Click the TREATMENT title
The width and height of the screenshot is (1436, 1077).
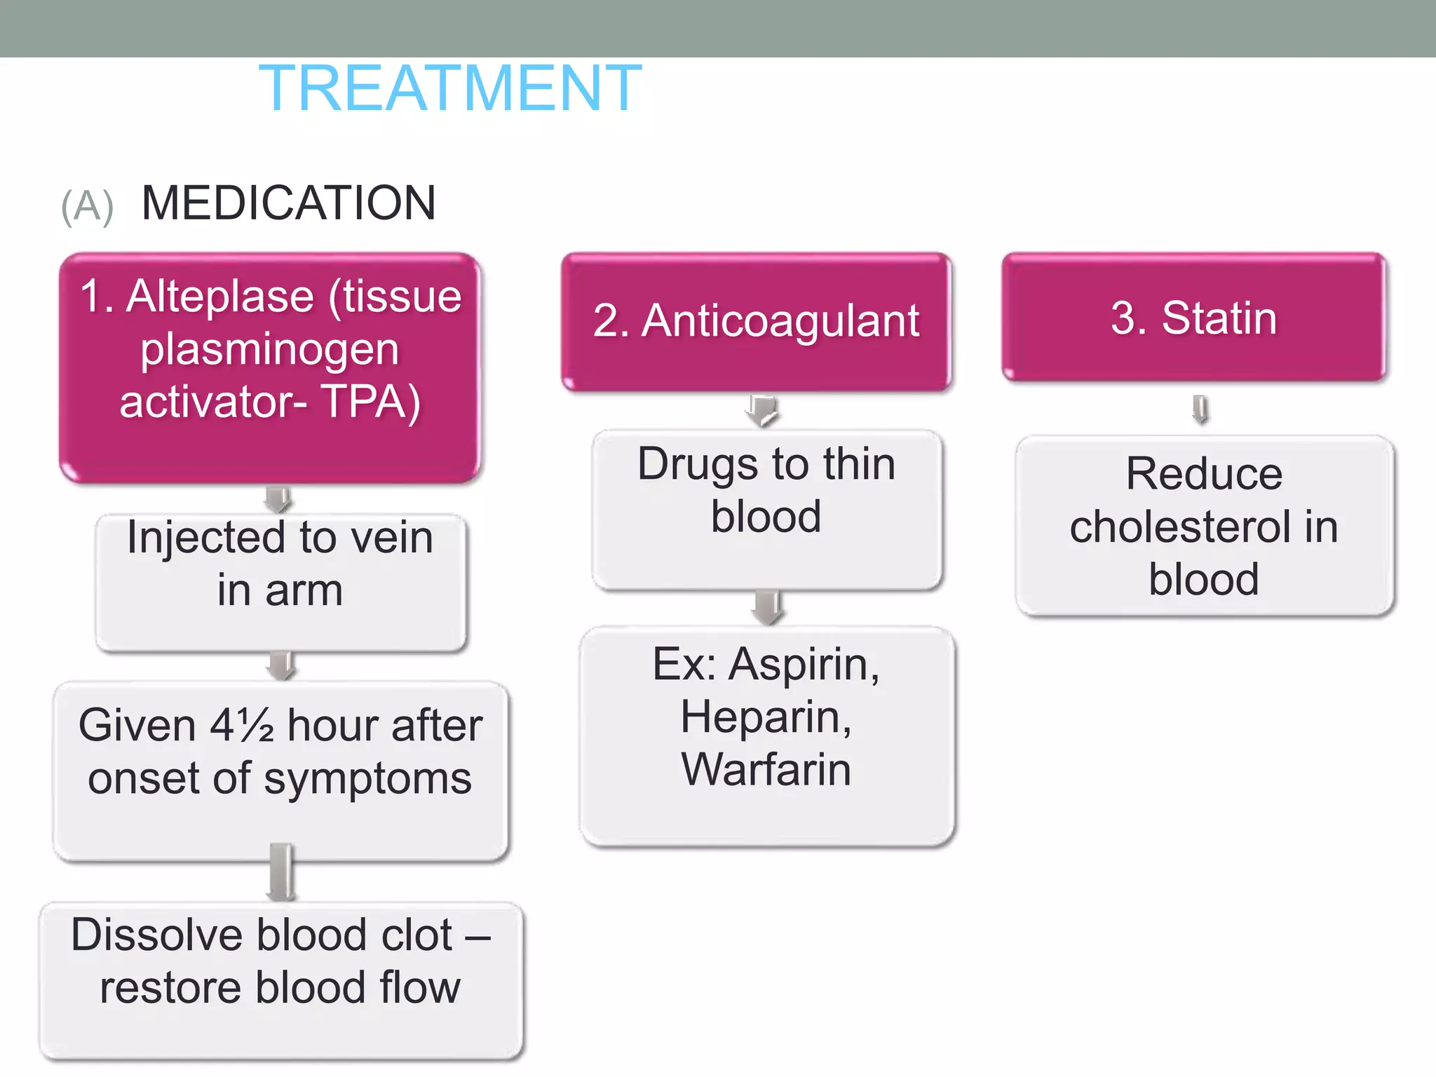(x=449, y=88)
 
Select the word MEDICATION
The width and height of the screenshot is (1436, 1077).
(x=288, y=203)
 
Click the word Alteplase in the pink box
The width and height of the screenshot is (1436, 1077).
(x=219, y=296)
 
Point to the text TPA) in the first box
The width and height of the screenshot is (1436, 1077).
(x=371, y=402)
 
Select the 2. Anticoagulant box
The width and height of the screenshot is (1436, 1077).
(x=755, y=321)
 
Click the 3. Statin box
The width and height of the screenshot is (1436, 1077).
(x=1193, y=318)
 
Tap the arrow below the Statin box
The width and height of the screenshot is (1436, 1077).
(x=1200, y=409)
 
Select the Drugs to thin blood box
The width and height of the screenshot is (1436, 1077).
(x=766, y=510)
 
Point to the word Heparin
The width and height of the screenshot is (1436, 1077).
(x=765, y=717)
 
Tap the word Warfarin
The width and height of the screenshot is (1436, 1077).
(x=766, y=769)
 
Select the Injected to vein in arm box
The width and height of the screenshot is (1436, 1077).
(x=280, y=582)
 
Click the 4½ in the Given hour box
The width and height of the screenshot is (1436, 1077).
(x=242, y=725)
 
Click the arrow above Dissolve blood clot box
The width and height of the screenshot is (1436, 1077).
(x=281, y=873)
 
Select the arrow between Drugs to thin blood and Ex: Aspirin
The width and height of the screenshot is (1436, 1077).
(x=768, y=607)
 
